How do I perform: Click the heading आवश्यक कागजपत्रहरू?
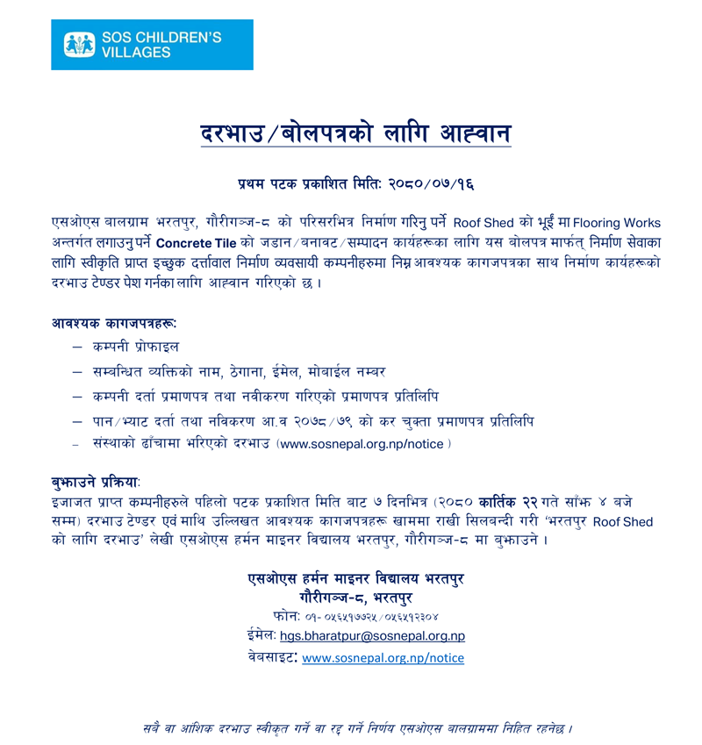[115, 323]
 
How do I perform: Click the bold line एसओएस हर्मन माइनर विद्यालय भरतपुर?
[355, 578]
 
